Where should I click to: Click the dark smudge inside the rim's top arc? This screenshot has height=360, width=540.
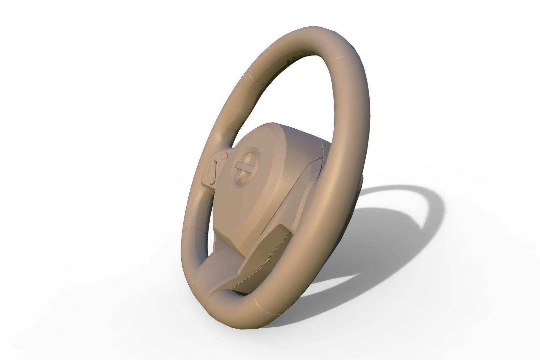289,60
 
